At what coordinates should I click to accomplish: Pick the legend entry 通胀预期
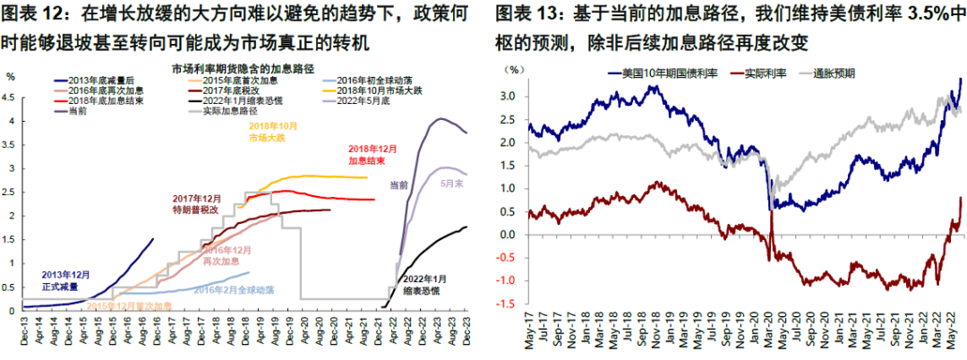832,73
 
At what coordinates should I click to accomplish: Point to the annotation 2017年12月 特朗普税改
198,202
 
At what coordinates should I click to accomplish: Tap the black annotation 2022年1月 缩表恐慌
425,286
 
